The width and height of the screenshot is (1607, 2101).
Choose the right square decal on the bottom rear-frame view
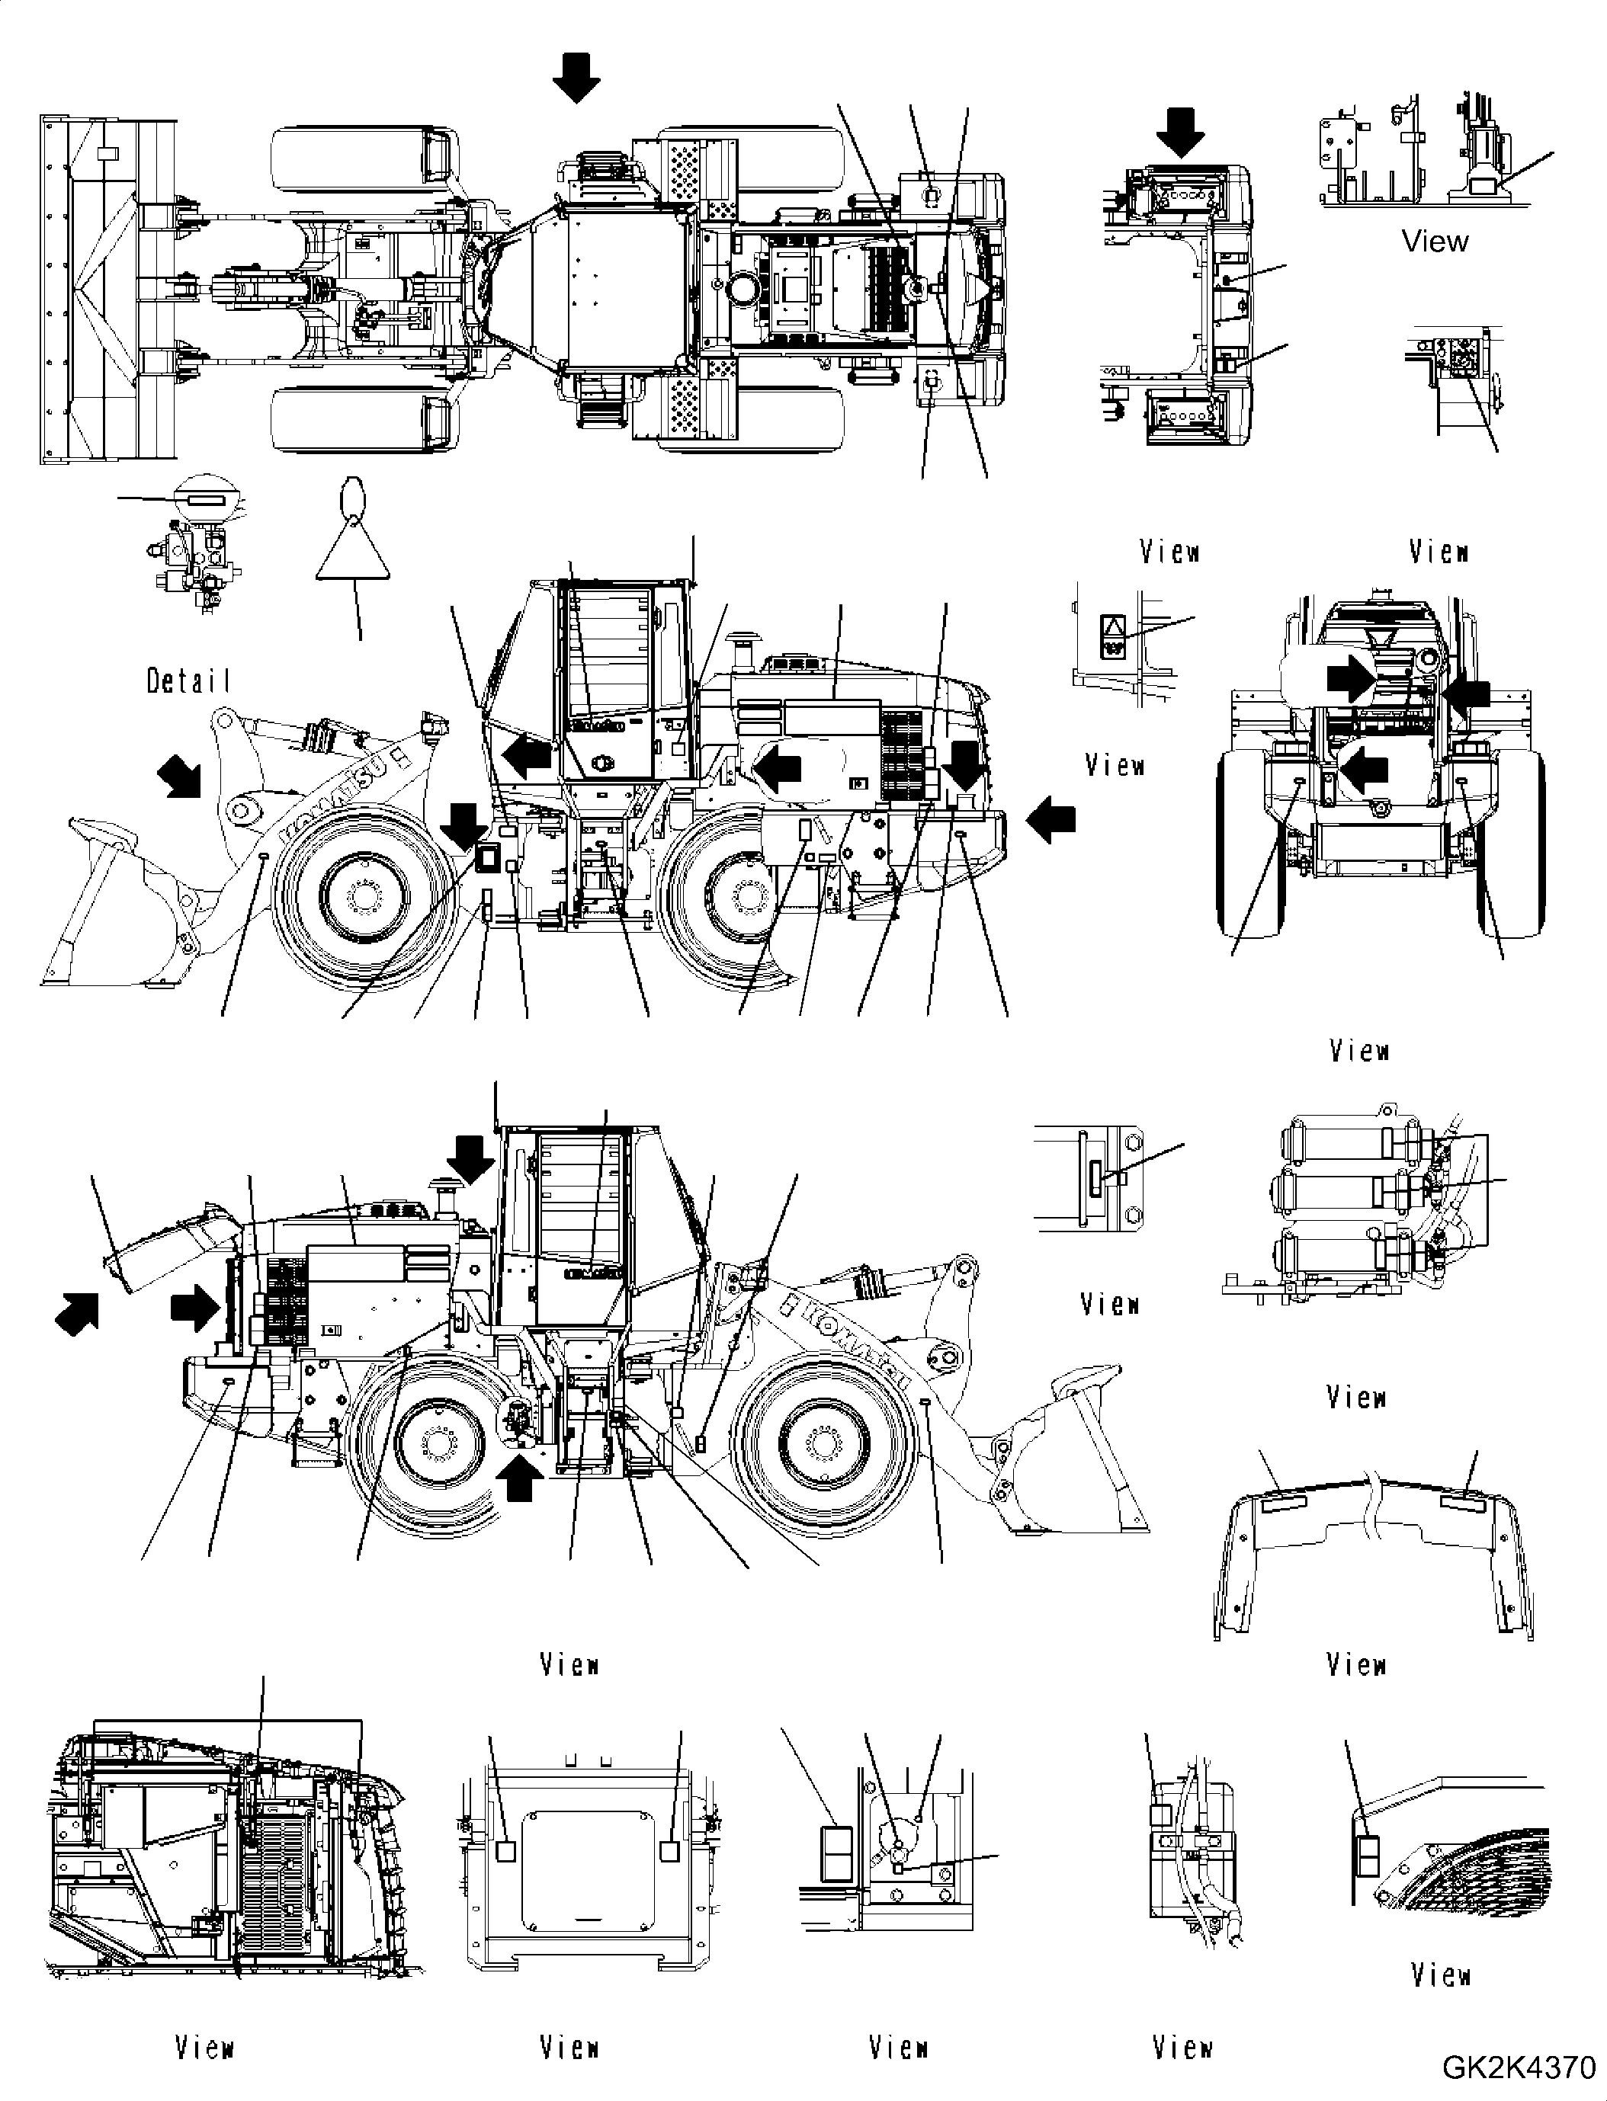(x=669, y=1851)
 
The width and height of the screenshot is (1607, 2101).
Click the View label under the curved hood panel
(x=1356, y=1665)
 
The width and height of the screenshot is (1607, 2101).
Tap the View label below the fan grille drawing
(x=1439, y=1974)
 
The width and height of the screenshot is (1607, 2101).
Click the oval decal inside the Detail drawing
(x=207, y=499)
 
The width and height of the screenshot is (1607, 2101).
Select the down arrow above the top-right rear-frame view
(x=1182, y=131)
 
